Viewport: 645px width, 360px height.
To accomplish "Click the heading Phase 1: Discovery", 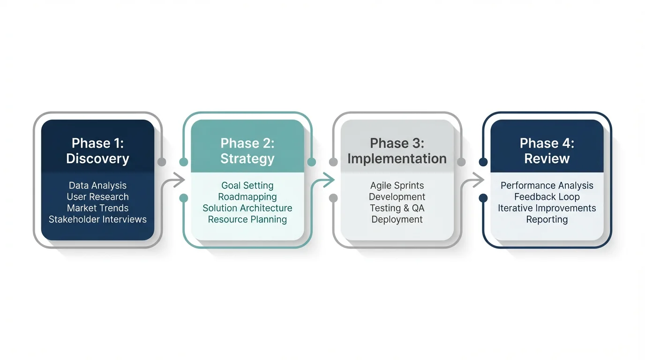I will (97, 151).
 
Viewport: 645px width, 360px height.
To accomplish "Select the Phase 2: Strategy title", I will (247, 151).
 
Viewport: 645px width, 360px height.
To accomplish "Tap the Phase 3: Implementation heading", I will (397, 151).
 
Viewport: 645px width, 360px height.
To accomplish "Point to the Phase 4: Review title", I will (547, 151).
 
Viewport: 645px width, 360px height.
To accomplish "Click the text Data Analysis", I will (97, 186).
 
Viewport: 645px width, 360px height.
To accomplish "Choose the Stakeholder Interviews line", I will (97, 219).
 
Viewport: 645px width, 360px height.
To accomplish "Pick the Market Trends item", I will (97, 208).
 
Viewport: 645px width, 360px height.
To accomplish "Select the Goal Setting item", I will (247, 186).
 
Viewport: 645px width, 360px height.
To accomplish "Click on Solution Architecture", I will (247, 208).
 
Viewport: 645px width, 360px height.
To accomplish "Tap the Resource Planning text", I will (247, 219).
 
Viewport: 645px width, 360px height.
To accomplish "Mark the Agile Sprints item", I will (397, 186).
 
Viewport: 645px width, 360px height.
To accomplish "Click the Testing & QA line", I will (397, 208).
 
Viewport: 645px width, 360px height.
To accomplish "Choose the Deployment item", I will (397, 219).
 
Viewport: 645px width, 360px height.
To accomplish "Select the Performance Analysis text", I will (547, 186).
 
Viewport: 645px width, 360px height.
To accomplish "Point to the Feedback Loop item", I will (547, 197).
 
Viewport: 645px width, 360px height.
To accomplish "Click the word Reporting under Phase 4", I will (547, 219).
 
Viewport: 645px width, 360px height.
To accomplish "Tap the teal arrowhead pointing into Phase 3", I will (330, 180).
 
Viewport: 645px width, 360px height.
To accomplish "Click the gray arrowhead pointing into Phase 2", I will (180, 180).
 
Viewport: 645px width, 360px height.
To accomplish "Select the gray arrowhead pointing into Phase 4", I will (479, 180).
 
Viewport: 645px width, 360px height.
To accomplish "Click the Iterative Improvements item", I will (547, 208).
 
